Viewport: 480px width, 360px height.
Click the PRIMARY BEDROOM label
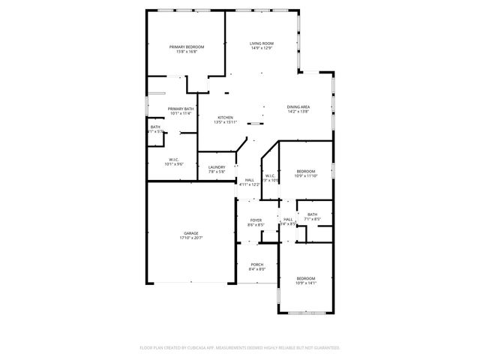pyautogui.click(x=186, y=47)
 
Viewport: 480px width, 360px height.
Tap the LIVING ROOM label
pyautogui.click(x=262, y=43)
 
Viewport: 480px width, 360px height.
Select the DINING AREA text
pyautogui.click(x=298, y=107)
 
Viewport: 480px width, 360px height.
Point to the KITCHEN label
pyautogui.click(x=226, y=117)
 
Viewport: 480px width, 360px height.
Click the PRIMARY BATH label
pyautogui.click(x=181, y=109)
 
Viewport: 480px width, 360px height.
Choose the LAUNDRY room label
pyautogui.click(x=217, y=167)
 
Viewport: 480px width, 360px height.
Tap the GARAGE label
pyautogui.click(x=191, y=233)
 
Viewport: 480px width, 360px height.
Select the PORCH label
pyautogui.click(x=256, y=264)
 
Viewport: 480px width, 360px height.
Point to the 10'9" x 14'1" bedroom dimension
pyautogui.click(x=305, y=283)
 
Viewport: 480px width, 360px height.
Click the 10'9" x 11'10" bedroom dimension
pyautogui.click(x=305, y=175)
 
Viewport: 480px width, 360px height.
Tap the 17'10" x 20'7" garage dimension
pyautogui.click(x=191, y=238)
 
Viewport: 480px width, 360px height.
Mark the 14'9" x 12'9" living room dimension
pyautogui.click(x=262, y=49)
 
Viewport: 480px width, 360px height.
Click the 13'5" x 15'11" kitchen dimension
pyautogui.click(x=226, y=121)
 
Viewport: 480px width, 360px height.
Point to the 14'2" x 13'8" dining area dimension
pyautogui.click(x=298, y=112)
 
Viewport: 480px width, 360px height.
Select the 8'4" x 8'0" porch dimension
pyautogui.click(x=256, y=268)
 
